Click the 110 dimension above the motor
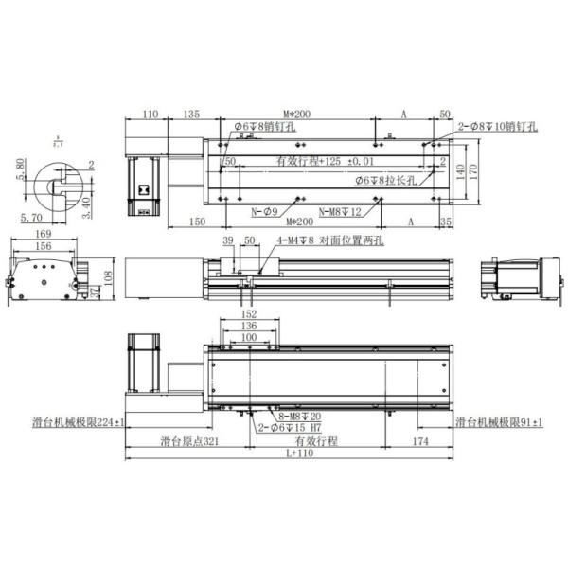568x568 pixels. coord(148,115)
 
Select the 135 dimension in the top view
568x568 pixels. coord(190,115)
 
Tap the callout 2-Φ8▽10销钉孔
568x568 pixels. coord(498,126)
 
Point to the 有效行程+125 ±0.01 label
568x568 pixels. coord(326,160)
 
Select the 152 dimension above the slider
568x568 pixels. coord(248,313)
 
